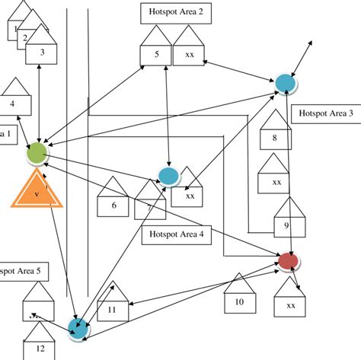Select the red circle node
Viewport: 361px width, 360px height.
[x=289, y=262]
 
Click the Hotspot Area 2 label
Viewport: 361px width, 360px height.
[x=176, y=12]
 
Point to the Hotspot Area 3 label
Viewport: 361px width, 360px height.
[x=325, y=114]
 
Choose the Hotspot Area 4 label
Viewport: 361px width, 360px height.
[x=175, y=235]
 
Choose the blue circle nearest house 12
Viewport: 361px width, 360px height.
[x=78, y=327]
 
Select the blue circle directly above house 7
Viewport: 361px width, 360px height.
[x=168, y=176]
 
